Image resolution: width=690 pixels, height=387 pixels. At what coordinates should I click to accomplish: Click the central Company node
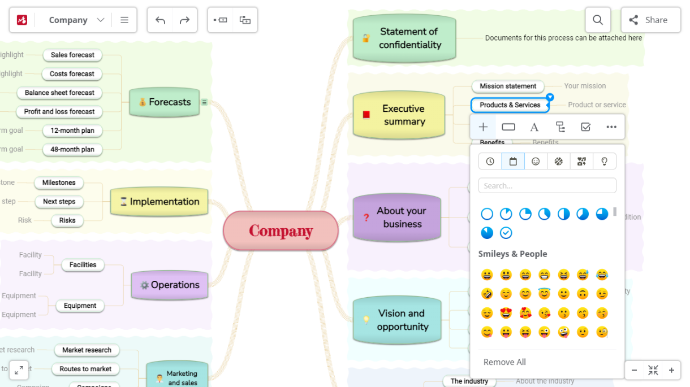click(x=281, y=231)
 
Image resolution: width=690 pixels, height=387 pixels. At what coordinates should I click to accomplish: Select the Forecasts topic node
click(x=165, y=102)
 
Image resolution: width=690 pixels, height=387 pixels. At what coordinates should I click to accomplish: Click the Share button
click(x=650, y=20)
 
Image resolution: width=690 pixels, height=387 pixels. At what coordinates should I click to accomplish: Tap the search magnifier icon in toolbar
click(x=598, y=20)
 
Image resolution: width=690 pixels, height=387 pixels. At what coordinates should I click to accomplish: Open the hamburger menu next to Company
click(x=124, y=20)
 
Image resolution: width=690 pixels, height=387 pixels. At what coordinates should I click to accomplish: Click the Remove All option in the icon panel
click(x=504, y=362)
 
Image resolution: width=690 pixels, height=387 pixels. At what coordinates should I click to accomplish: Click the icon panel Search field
click(x=547, y=185)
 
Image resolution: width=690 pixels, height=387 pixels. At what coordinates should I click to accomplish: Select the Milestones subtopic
click(x=59, y=182)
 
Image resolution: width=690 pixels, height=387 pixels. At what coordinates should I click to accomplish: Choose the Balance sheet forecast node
click(x=59, y=93)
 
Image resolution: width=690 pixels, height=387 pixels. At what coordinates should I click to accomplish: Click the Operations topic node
click(x=169, y=285)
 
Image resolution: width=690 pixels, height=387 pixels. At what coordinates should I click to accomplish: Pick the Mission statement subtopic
click(x=508, y=86)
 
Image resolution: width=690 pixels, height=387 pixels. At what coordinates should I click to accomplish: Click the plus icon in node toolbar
click(x=483, y=127)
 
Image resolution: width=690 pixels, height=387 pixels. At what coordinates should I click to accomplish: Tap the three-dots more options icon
click(x=611, y=127)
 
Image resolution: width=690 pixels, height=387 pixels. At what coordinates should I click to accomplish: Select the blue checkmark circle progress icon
click(x=506, y=233)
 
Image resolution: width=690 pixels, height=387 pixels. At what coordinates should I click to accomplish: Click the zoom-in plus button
click(x=671, y=371)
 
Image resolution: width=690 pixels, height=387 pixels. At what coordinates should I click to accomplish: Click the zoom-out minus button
click(x=634, y=371)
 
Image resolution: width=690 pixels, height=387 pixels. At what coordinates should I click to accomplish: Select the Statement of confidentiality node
click(x=404, y=38)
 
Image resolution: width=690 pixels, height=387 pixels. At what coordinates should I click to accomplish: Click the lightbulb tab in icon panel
click(x=604, y=162)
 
